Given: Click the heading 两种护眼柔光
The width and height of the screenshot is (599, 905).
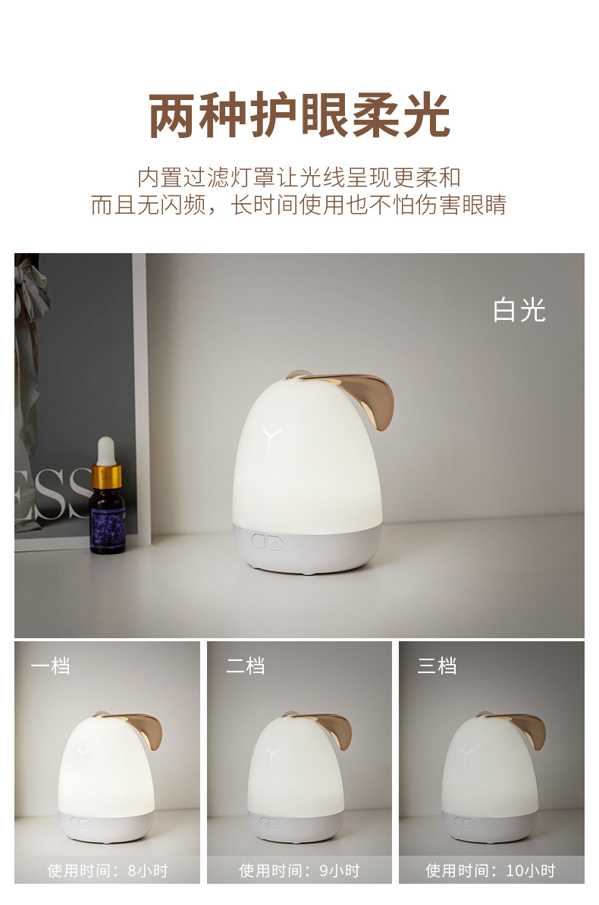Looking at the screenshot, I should [x=299, y=115].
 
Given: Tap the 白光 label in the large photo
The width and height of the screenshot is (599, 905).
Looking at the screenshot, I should [x=519, y=310].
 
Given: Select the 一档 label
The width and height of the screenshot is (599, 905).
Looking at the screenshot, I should [x=50, y=666].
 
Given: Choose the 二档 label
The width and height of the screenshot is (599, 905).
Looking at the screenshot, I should [x=246, y=666].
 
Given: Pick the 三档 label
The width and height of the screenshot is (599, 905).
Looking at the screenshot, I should [x=437, y=666].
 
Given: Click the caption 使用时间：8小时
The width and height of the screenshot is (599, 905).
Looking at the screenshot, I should [x=108, y=870].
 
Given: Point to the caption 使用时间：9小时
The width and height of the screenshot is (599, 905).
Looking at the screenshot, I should [x=299, y=870].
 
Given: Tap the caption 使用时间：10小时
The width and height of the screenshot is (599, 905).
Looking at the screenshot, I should [x=491, y=870].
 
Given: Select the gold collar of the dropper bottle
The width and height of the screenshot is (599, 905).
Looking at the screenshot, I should [x=107, y=477].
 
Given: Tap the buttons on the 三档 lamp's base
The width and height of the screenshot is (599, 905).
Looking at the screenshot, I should [x=463, y=822].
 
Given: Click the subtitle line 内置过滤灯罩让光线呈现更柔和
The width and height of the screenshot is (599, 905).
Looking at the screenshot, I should [x=299, y=178].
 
